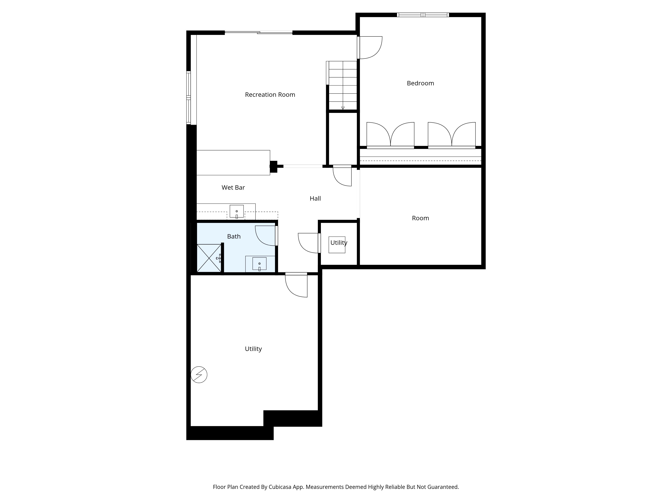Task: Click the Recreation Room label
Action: tap(270, 95)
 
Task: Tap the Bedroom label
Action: tap(421, 83)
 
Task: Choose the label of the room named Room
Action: tap(421, 218)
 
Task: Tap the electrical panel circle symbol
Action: tap(199, 375)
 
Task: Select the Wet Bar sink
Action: tap(237, 212)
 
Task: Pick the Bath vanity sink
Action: tap(259, 264)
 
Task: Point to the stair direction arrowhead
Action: tap(343, 108)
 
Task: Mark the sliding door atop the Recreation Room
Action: tap(259, 32)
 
